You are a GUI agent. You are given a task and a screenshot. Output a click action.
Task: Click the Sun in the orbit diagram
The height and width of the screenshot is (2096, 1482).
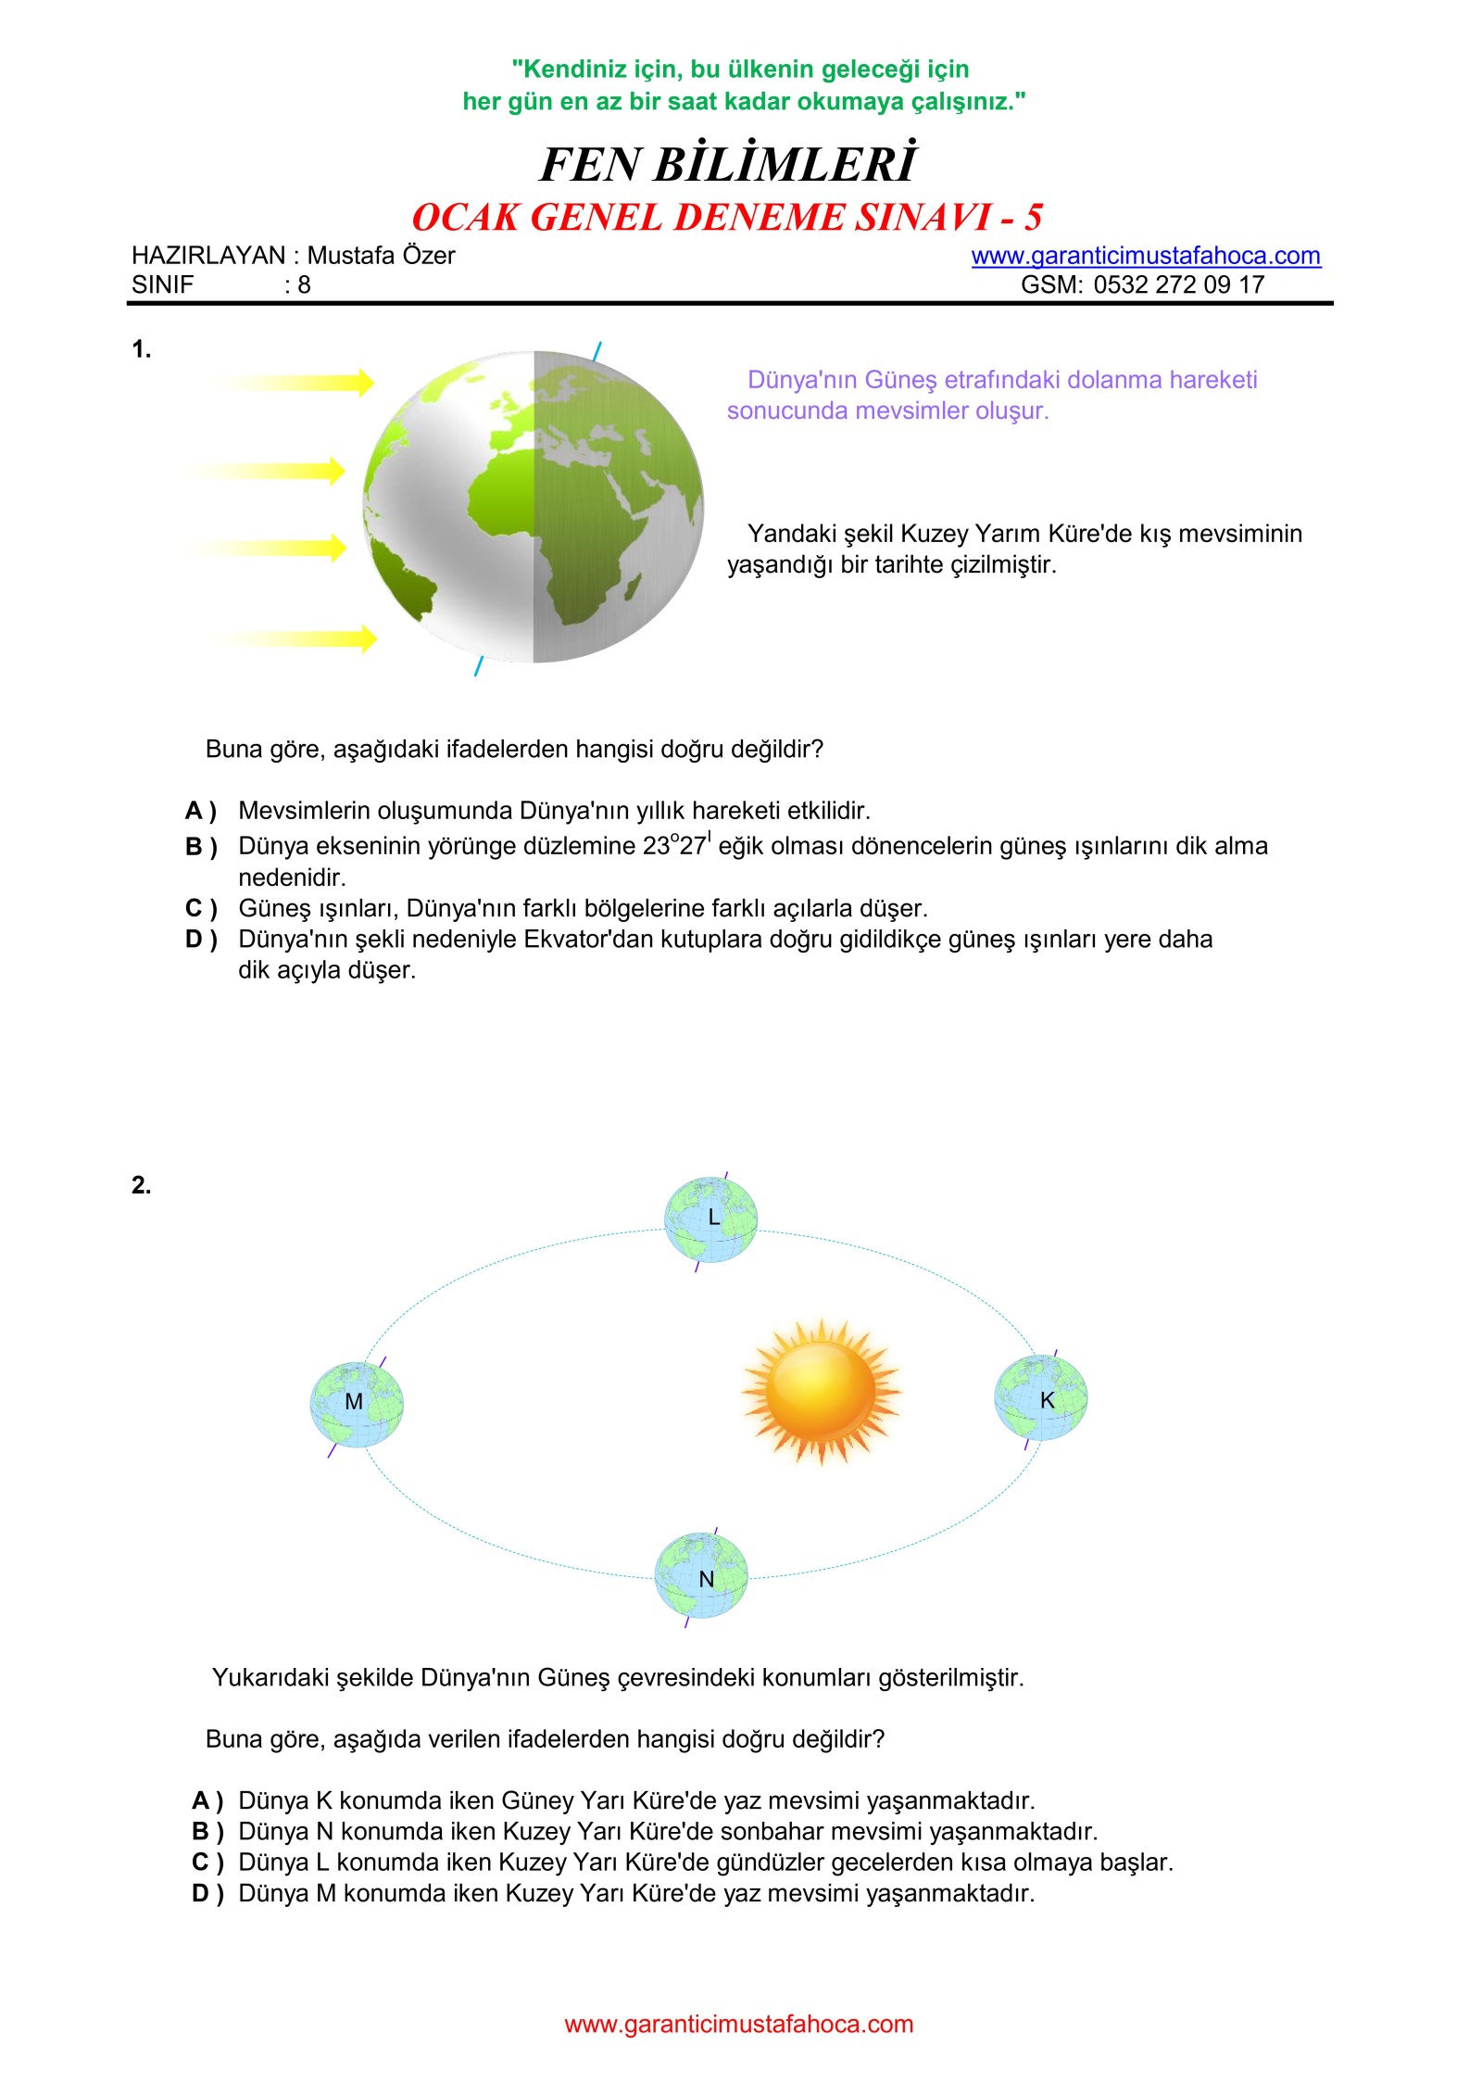point(821,1391)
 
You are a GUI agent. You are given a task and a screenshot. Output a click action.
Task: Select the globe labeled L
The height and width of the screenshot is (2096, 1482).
point(710,1219)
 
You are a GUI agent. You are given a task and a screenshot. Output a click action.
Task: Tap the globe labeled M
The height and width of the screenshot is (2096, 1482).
point(356,1405)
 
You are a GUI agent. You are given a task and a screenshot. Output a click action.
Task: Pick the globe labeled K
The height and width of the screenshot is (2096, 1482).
point(1040,1398)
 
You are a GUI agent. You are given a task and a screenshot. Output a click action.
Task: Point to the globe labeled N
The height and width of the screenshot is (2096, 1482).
point(701,1575)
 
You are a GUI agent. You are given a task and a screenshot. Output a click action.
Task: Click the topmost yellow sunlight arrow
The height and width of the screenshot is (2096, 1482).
point(296,382)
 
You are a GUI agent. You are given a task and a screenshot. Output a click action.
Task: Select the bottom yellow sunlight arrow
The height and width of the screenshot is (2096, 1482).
point(296,638)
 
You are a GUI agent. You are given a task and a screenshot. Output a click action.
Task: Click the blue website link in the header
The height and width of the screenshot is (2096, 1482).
point(1145,256)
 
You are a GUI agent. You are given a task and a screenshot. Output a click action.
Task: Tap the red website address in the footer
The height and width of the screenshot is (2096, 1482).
point(738,2024)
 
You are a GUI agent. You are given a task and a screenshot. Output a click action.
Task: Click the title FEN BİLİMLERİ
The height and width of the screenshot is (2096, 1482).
point(728,165)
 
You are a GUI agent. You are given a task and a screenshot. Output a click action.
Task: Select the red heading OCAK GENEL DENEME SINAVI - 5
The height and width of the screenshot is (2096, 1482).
point(727,218)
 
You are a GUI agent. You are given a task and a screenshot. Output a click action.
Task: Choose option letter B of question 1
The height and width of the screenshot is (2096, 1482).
point(200,847)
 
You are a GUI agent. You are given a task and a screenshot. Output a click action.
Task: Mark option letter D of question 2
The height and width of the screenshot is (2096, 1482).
point(207,1893)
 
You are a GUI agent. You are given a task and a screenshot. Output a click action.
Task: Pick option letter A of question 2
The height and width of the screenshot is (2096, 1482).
point(207,1800)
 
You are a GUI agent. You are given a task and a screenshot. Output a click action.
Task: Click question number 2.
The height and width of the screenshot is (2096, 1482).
point(141,1185)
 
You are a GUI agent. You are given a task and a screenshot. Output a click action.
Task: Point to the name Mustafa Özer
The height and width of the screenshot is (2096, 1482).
point(381,256)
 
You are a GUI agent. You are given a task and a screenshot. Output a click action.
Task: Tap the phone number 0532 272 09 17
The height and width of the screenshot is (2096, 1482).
point(1178,284)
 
